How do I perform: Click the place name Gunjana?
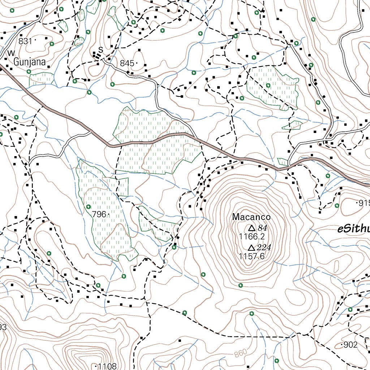click(x=30, y=62)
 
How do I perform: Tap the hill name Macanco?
click(x=251, y=217)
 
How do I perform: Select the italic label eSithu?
click(x=353, y=229)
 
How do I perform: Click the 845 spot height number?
click(x=127, y=64)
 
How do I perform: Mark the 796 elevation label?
click(x=99, y=214)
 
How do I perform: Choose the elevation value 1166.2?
click(x=252, y=237)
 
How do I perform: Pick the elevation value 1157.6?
click(x=252, y=256)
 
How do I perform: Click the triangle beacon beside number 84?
click(x=251, y=228)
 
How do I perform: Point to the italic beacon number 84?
click(x=262, y=228)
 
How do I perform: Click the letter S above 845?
click(x=101, y=49)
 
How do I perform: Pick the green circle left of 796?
click(x=89, y=207)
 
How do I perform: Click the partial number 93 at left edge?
click(x=3, y=327)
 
